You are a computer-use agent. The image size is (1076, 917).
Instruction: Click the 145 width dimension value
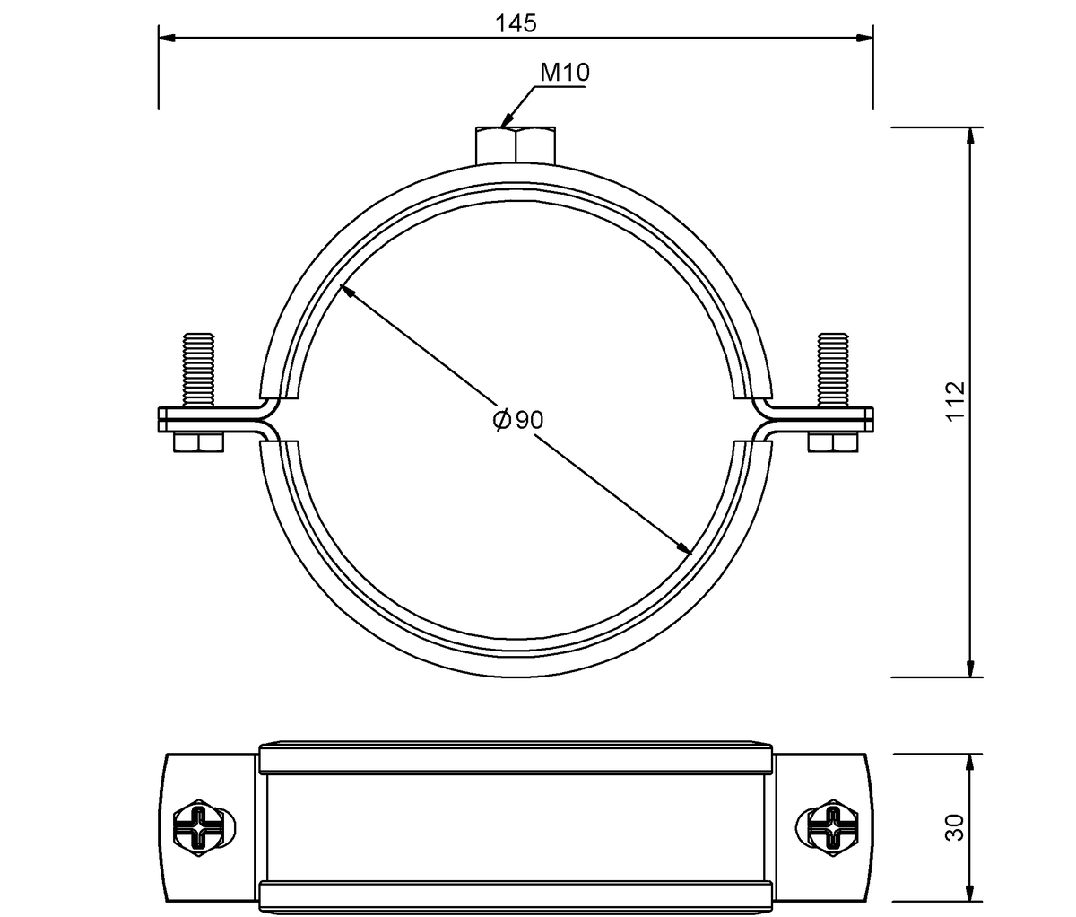(516, 23)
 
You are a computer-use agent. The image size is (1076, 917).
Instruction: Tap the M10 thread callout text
(565, 73)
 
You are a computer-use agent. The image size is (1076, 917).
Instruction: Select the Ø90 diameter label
(518, 419)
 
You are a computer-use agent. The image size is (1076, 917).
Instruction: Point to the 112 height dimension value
(955, 401)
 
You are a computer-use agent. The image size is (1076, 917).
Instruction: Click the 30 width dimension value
(955, 828)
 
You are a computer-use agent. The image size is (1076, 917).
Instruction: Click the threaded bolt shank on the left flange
(198, 371)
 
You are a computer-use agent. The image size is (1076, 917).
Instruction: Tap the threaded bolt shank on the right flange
(833, 371)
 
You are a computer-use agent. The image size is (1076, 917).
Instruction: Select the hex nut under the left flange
(198, 441)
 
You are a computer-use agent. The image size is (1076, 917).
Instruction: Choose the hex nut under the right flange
(833, 441)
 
